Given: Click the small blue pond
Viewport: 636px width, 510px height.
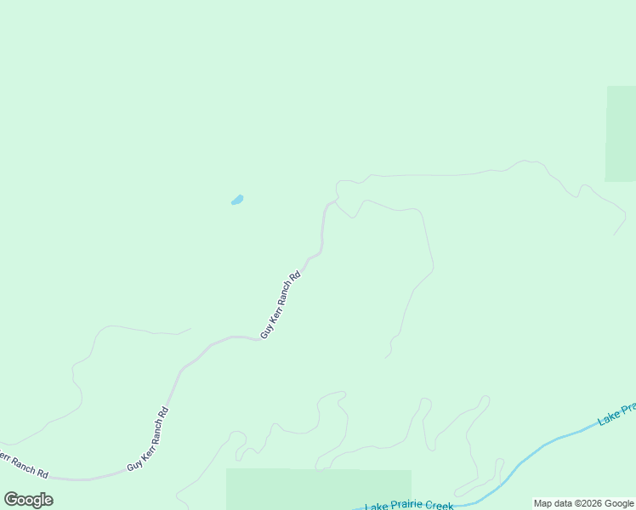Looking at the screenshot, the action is (237, 201).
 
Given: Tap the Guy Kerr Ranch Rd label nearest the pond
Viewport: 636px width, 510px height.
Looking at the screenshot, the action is (281, 305).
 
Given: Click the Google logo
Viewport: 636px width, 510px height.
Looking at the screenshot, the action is (29, 500).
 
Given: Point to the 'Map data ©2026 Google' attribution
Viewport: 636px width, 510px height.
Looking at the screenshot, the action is (583, 504).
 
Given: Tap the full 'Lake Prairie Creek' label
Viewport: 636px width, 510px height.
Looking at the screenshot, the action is (409, 507).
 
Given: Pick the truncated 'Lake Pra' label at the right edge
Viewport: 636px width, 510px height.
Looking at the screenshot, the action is (617, 414).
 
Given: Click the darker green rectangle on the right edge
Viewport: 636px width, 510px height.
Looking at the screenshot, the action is (621, 133).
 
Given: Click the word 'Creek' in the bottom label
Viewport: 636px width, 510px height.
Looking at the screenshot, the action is (439, 506).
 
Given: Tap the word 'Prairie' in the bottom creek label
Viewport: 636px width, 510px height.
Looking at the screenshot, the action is (406, 507).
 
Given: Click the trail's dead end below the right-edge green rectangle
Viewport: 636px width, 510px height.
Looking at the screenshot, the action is (615, 234).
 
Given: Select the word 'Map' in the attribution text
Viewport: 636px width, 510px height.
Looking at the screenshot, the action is (543, 504).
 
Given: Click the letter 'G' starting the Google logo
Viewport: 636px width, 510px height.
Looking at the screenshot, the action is (11, 500).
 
